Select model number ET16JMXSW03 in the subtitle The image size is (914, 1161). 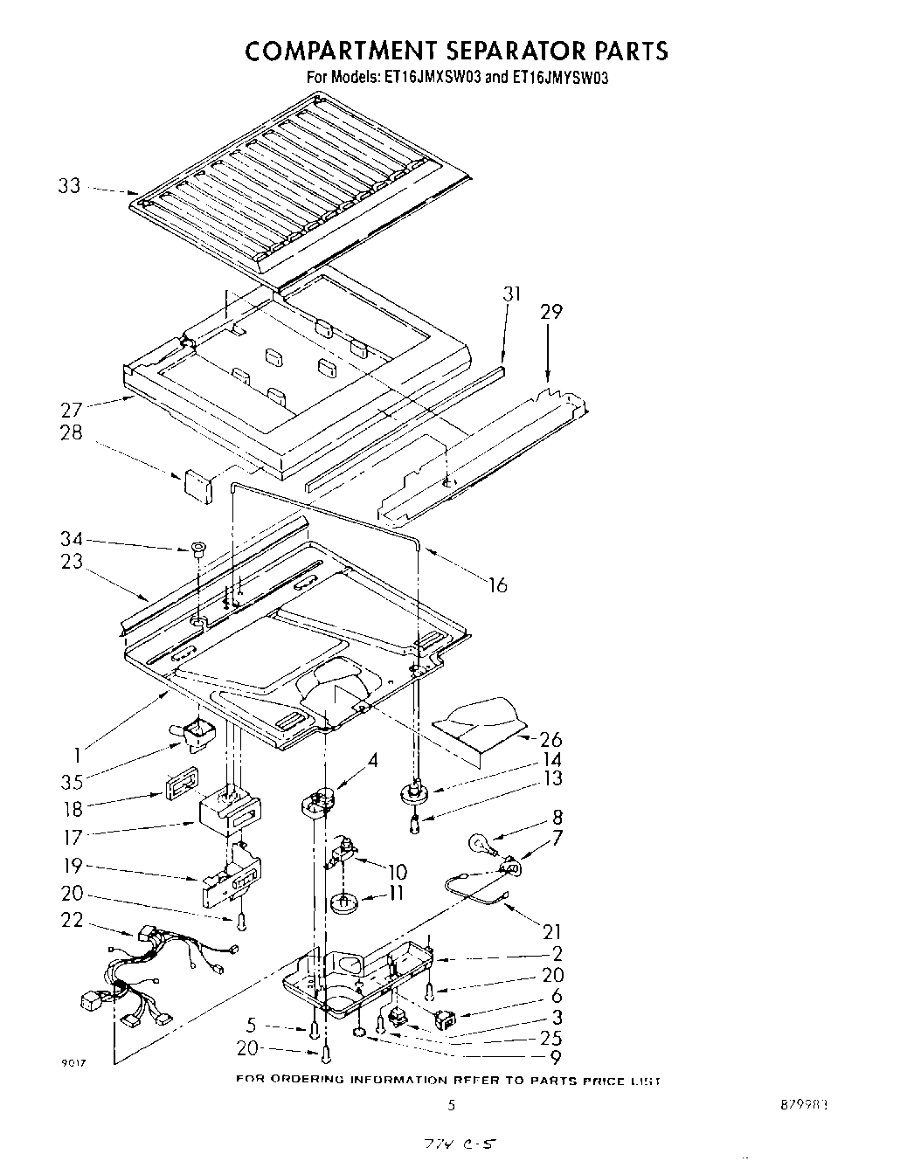432,77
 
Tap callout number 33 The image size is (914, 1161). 70,185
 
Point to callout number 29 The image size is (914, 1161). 551,312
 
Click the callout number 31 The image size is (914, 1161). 511,294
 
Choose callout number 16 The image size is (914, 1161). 497,584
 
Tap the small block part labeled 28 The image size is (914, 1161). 197,486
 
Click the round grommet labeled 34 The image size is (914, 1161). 197,549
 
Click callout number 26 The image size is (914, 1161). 551,740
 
